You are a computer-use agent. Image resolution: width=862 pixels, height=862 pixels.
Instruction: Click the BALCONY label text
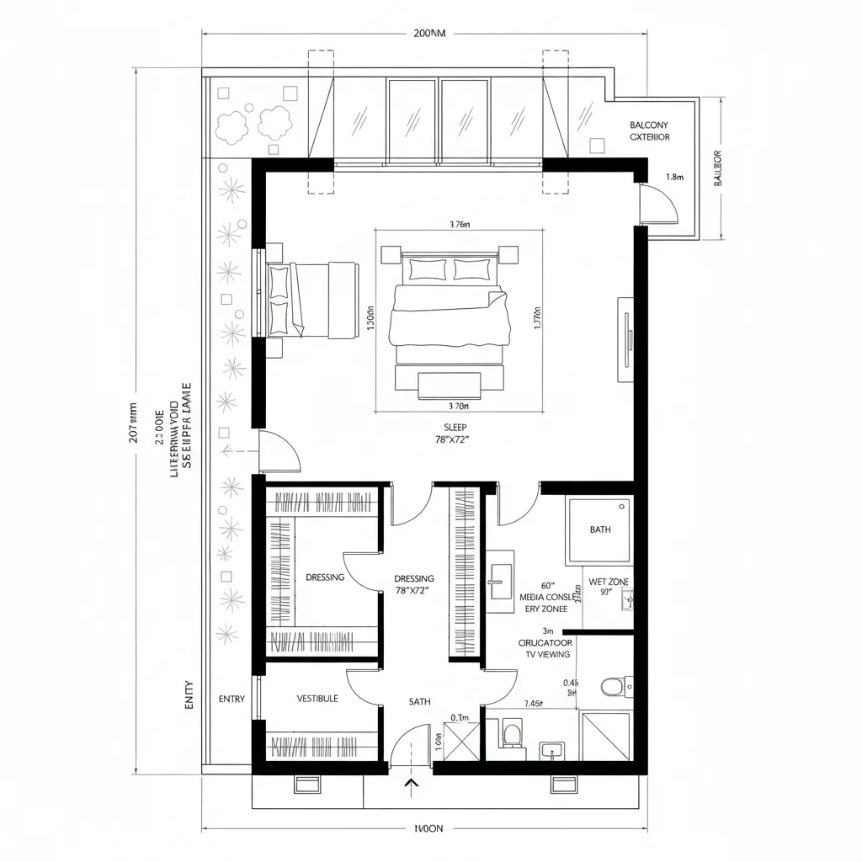point(650,125)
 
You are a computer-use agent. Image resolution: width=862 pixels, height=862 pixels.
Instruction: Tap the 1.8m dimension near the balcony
point(673,178)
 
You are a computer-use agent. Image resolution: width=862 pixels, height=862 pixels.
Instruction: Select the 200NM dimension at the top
point(429,34)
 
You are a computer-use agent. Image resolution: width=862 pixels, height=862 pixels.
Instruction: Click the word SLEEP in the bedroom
point(455,428)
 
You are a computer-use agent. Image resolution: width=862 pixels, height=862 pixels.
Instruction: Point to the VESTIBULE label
point(317,699)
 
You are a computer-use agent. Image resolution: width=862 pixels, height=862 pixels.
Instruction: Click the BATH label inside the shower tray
point(600,529)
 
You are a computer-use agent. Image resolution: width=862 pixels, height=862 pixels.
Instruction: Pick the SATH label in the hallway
point(419,701)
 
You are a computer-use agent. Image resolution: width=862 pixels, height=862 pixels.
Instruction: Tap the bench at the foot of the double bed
point(450,385)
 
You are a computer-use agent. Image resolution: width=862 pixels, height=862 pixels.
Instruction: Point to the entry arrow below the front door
point(412,786)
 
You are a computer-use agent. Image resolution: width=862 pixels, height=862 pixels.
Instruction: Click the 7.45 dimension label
point(533,704)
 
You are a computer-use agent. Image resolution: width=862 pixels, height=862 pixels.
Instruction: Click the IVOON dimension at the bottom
point(428,828)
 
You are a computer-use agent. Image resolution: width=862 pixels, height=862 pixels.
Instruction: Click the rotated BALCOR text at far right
point(718,168)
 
